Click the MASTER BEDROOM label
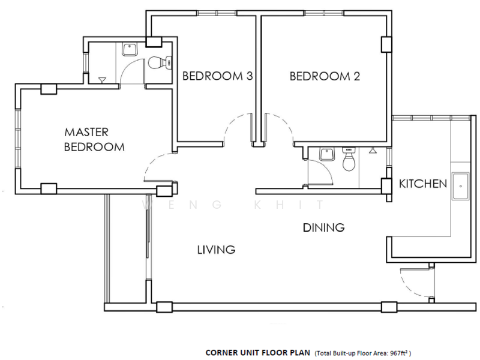point(94,140)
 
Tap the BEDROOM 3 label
point(218,76)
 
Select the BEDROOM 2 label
point(325,76)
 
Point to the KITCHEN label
point(423,184)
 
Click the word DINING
point(323,228)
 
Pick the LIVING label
point(216,250)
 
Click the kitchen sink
point(460,186)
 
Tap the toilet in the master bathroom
point(160,63)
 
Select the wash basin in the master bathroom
point(130,49)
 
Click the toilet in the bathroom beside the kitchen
point(348,159)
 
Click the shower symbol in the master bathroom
point(102,80)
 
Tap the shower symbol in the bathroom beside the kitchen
point(373,150)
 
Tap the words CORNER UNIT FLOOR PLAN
point(258,353)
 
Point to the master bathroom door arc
point(127,65)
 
